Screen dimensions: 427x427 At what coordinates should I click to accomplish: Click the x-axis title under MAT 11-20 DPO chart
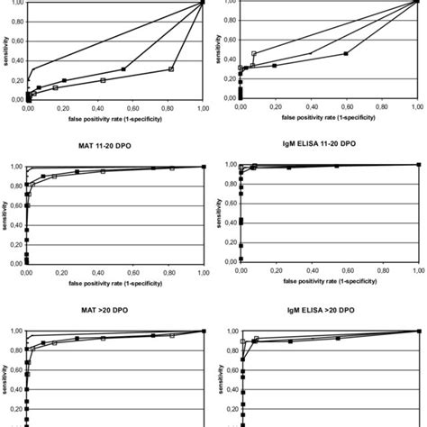(115, 282)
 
